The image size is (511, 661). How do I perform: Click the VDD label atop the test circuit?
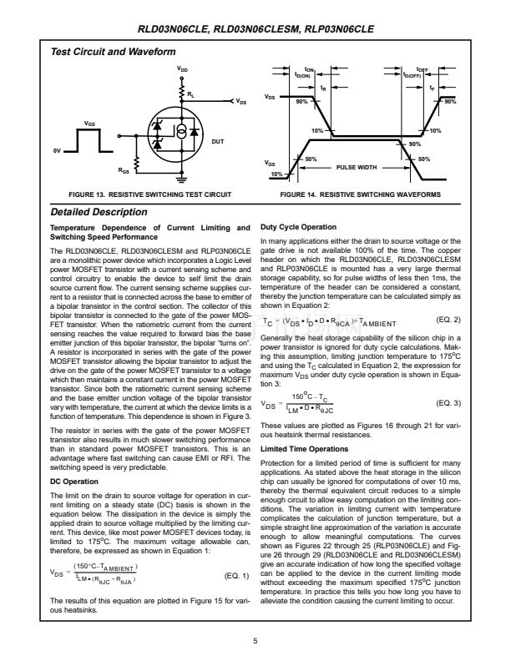[x=182, y=68]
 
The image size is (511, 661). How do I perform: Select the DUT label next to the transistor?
[x=217, y=142]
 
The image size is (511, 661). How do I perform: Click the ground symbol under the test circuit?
[x=181, y=179]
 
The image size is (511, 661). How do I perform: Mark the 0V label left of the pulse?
[x=58, y=151]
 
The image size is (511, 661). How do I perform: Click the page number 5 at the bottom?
[x=255, y=640]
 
